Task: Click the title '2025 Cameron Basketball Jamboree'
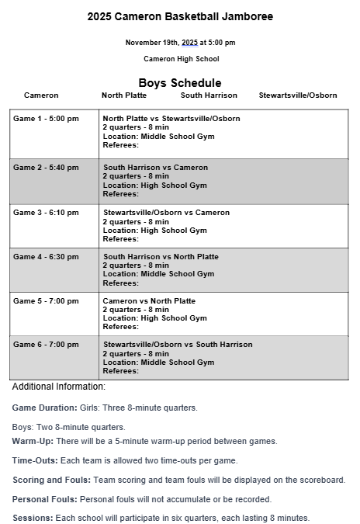pyautogui.click(x=180, y=16)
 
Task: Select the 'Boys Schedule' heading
pyautogui.click(x=180, y=82)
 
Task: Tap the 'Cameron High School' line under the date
pyautogui.click(x=181, y=59)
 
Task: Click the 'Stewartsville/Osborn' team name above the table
pyautogui.click(x=298, y=95)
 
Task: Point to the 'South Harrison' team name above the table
pyautogui.click(x=209, y=95)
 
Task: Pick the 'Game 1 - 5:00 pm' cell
pyautogui.click(x=47, y=119)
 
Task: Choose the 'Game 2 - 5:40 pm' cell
pyautogui.click(x=47, y=168)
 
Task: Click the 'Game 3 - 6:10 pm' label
pyautogui.click(x=47, y=213)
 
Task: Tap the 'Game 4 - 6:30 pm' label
pyautogui.click(x=47, y=257)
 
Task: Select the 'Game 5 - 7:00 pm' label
pyautogui.click(x=47, y=301)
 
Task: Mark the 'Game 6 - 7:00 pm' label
pyautogui.click(x=47, y=345)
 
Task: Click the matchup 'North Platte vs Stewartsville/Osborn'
pyautogui.click(x=171, y=119)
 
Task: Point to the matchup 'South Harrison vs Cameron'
pyautogui.click(x=156, y=168)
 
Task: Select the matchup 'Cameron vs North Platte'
pyautogui.click(x=150, y=301)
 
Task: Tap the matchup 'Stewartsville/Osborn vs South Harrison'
pyautogui.click(x=178, y=345)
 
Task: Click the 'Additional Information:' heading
pyautogui.click(x=59, y=387)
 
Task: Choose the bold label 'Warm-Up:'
pyautogui.click(x=33, y=441)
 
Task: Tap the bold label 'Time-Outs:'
pyautogui.click(x=35, y=460)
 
